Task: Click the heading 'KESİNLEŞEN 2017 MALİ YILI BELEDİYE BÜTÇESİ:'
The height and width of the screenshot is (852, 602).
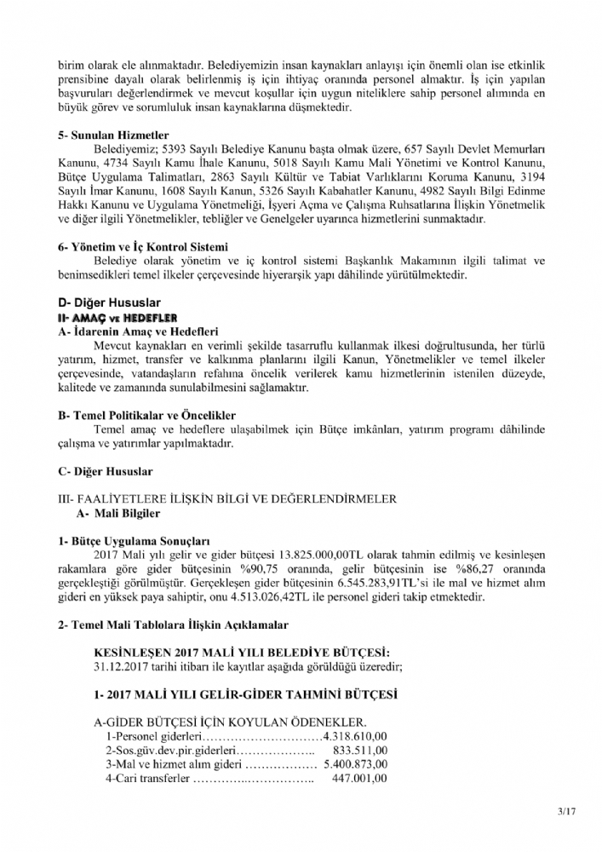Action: pos(243,653)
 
